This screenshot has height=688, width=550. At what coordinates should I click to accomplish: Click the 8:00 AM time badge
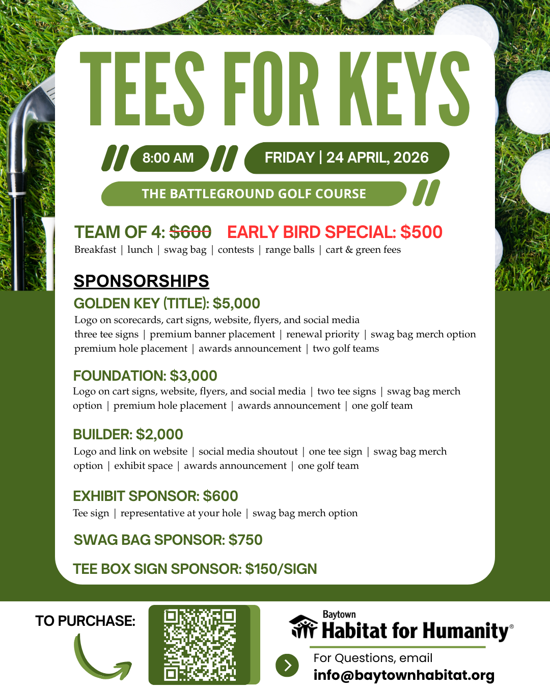point(169,158)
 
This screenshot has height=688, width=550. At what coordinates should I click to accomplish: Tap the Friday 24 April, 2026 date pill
point(346,157)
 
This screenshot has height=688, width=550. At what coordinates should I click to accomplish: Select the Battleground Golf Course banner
point(254,194)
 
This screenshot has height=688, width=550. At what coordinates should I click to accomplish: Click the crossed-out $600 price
point(190,232)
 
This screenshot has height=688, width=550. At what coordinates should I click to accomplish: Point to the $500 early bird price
point(421,232)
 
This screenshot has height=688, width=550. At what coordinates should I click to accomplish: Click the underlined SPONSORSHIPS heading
point(141,281)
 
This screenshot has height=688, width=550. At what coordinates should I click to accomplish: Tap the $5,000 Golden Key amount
point(236,304)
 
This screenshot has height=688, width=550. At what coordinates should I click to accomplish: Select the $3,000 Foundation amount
point(194,376)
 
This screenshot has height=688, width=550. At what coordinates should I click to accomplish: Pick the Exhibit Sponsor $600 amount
point(221,496)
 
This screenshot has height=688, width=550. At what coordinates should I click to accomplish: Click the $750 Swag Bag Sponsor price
point(245,540)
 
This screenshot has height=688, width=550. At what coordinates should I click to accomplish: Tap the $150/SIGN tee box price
point(281,569)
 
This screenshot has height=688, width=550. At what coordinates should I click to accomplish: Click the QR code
point(200,645)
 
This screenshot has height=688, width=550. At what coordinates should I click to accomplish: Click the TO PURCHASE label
point(85,621)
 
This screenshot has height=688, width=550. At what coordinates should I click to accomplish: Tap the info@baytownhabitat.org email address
point(404,675)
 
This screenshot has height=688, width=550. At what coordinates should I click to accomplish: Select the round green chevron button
point(287,665)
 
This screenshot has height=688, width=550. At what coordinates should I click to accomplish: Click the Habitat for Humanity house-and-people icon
point(304,627)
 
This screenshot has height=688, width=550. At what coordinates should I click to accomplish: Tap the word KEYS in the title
point(405,90)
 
